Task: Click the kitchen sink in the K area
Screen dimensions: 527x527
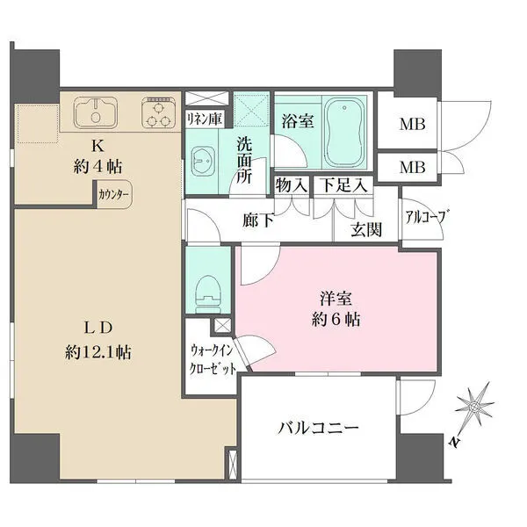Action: (x=97, y=113)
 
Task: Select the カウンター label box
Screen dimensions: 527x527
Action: (x=113, y=195)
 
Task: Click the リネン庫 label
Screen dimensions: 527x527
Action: (x=204, y=118)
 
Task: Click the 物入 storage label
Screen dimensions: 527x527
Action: (x=292, y=186)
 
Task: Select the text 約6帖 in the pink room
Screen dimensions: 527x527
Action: (x=335, y=317)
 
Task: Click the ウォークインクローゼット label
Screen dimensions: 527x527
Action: (x=212, y=359)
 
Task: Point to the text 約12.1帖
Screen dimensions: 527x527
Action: (x=98, y=353)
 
